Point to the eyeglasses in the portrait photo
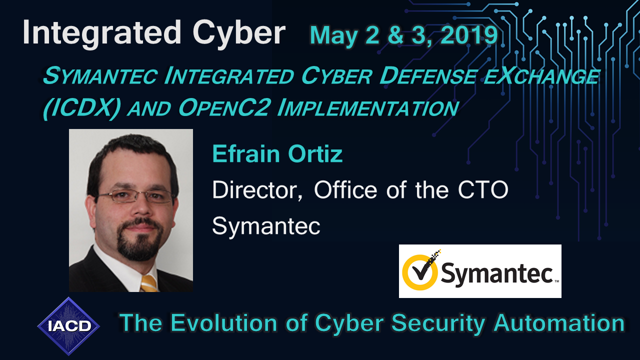[x=135, y=196]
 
